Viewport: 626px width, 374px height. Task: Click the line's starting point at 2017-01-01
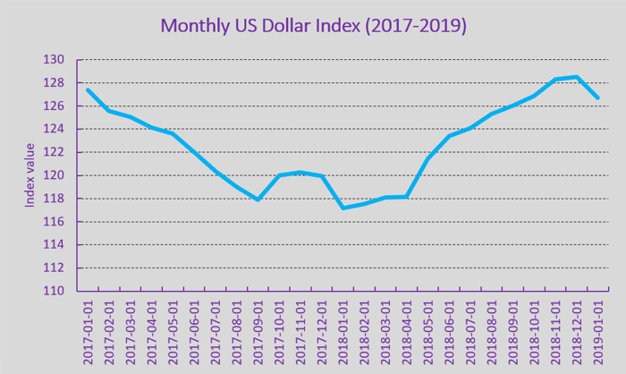(x=88, y=89)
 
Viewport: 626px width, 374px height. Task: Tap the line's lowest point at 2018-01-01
(x=343, y=208)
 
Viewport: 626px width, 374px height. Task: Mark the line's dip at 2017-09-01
(x=258, y=200)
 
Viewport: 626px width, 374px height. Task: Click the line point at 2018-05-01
(x=427, y=159)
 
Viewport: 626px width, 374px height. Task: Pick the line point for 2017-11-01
(x=300, y=172)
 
